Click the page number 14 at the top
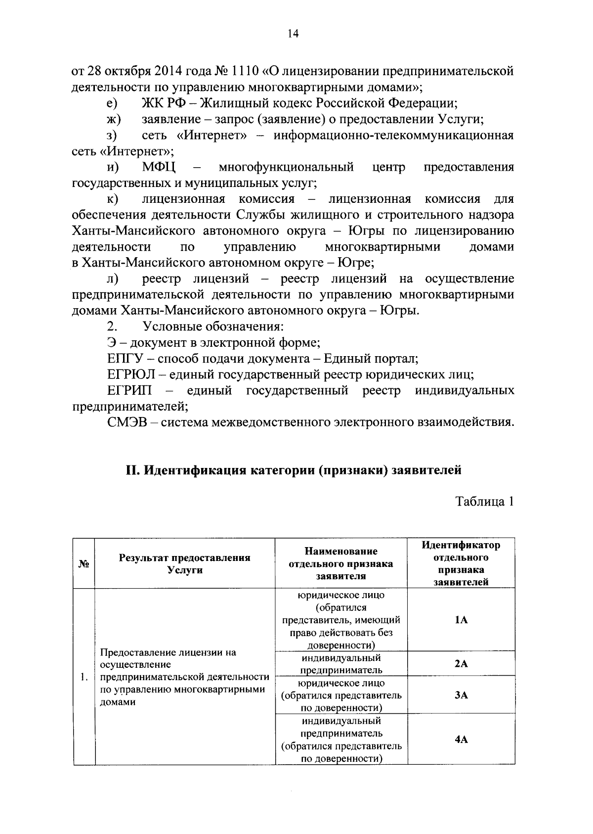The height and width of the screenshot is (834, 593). (x=293, y=34)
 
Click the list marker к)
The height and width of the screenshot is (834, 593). (x=112, y=199)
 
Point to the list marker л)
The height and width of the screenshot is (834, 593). (x=112, y=279)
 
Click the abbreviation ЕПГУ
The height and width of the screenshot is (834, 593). (x=125, y=359)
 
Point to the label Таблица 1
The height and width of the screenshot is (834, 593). (x=484, y=502)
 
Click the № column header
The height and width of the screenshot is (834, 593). (x=84, y=563)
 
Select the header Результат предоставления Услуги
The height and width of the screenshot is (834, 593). (x=184, y=563)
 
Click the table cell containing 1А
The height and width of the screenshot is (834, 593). (x=461, y=620)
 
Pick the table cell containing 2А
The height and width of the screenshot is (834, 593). (x=461, y=664)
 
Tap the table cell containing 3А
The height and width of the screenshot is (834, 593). (x=461, y=695)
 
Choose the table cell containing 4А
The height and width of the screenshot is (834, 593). (x=461, y=740)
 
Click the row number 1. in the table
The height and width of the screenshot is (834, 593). (x=84, y=677)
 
